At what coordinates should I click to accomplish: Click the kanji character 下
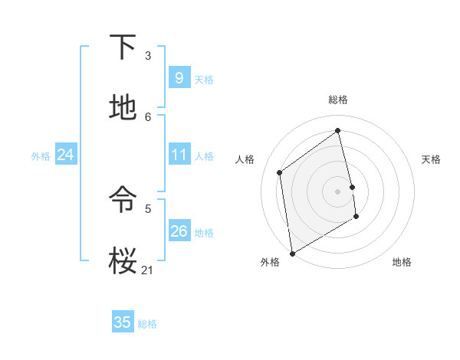(x=123, y=47)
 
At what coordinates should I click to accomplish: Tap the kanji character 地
(x=123, y=109)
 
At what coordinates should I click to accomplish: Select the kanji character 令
(x=123, y=201)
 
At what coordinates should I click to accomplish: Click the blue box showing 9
(x=179, y=78)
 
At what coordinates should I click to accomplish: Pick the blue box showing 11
(x=179, y=155)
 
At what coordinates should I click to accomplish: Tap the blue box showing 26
(x=179, y=231)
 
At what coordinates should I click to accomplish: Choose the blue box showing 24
(x=65, y=155)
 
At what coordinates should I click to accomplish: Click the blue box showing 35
(x=123, y=322)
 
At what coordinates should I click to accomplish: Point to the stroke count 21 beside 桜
(x=148, y=270)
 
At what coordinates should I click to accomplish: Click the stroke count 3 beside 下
(x=148, y=55)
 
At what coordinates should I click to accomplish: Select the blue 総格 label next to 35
(x=147, y=324)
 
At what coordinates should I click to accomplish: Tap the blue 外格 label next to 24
(x=41, y=156)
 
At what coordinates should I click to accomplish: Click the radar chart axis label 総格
(x=337, y=100)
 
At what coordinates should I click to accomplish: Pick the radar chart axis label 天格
(x=431, y=159)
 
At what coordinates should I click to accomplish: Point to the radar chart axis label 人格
(x=245, y=159)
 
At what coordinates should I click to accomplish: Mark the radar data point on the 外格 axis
(x=291, y=253)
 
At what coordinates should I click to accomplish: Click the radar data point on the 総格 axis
(x=337, y=130)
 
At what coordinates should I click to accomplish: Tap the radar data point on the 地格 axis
(x=356, y=218)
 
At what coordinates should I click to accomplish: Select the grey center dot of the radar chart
(x=337, y=191)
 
